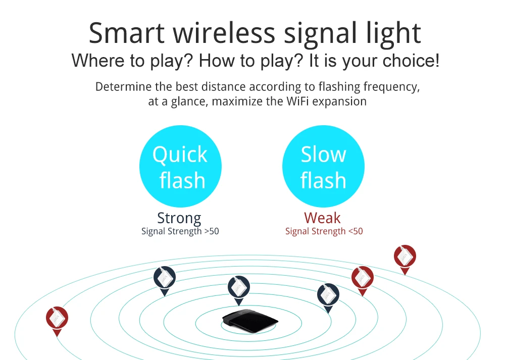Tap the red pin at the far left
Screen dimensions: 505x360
(x=57, y=321)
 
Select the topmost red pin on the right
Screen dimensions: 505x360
(x=405, y=260)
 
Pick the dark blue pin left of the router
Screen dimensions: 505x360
(x=165, y=281)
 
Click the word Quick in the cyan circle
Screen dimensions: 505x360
(x=180, y=155)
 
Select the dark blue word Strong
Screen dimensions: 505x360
(x=179, y=218)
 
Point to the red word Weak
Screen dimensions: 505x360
(x=322, y=218)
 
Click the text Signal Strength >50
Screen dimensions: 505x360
(x=180, y=231)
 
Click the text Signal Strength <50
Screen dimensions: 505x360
(x=324, y=231)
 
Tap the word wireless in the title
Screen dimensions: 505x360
(x=224, y=33)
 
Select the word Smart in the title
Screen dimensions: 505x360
(x=127, y=33)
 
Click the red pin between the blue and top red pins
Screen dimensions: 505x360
(x=362, y=281)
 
